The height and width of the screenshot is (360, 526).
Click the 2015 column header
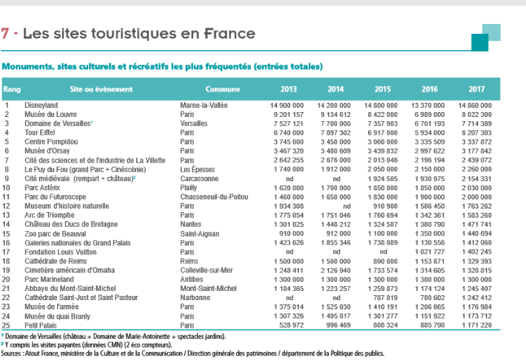[382, 89]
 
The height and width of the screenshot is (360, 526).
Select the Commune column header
[223, 89]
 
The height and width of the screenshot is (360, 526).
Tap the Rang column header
[12, 89]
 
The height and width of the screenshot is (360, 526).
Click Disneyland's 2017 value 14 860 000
[475, 105]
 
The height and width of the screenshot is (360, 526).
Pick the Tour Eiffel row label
[39, 132]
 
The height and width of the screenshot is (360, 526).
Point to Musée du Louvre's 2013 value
[288, 114]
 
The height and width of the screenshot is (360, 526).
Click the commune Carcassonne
[200, 179]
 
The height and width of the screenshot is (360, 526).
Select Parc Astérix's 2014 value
[336, 187]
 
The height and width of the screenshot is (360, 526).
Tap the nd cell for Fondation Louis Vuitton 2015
[384, 252]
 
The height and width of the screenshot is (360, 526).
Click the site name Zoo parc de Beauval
[56, 234]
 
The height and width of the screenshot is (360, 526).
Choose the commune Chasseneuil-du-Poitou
[214, 197]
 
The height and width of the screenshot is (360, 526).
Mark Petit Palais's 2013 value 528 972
[291, 325]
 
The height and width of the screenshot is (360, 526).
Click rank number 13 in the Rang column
[6, 215]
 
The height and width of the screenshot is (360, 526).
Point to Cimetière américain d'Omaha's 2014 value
[336, 270]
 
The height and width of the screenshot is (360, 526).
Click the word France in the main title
[230, 34]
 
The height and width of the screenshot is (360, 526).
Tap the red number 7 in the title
[5, 34]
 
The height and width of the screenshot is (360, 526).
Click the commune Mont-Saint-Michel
[208, 288]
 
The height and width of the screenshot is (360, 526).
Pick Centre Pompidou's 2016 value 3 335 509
[429, 142]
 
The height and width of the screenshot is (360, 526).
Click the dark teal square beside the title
[479, 42]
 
